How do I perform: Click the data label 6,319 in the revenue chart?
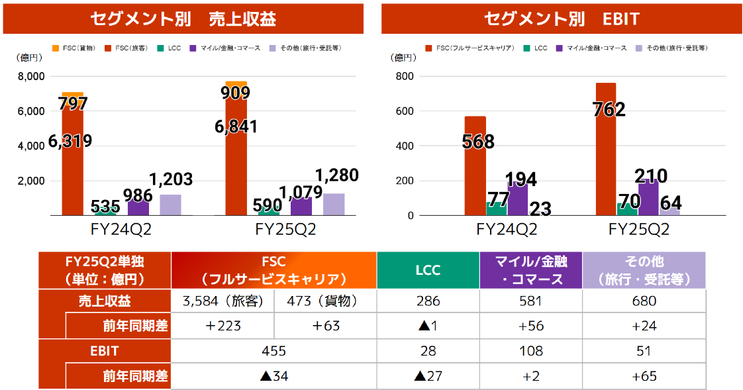pos(70,141)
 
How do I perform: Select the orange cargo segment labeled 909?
pos(236,84)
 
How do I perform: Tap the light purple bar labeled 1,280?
pos(334,204)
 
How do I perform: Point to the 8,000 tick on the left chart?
pos(31,77)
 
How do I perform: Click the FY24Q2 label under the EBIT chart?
pos(506,230)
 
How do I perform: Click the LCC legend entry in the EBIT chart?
pos(536,48)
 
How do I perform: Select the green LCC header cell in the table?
pos(428,270)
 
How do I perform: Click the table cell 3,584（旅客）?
pos(223,301)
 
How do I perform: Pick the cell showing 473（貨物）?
pos(324,301)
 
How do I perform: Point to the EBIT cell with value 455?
pos(273,352)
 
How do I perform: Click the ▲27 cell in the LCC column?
pos(428,377)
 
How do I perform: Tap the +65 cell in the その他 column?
pos(644,377)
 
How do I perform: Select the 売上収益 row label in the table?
pos(105,301)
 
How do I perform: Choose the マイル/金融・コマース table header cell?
pos(530,270)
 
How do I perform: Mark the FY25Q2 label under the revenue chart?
pos(285,230)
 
